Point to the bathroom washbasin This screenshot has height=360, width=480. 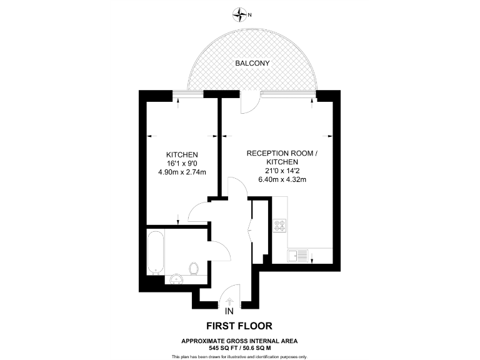pos(174,279)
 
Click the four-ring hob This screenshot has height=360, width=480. pos(279,226)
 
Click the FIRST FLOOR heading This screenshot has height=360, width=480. pos(239,326)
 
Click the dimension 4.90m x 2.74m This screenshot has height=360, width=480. pos(182,172)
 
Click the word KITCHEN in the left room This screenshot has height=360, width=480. pos(182,155)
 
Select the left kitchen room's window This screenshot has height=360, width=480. pos(188,94)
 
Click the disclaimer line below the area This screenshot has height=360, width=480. pos(239,356)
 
